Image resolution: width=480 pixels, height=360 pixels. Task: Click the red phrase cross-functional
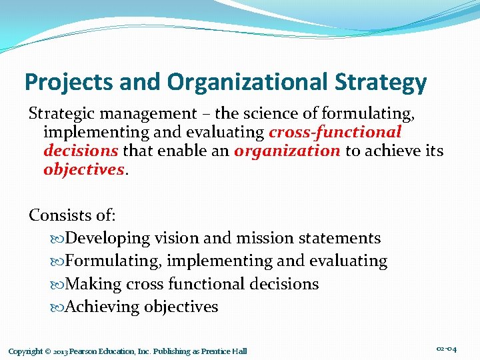click(335, 132)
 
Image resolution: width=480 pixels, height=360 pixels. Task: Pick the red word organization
click(287, 151)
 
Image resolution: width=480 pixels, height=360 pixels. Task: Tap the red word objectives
click(83, 169)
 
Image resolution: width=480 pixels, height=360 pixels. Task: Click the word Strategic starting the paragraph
click(62, 114)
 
